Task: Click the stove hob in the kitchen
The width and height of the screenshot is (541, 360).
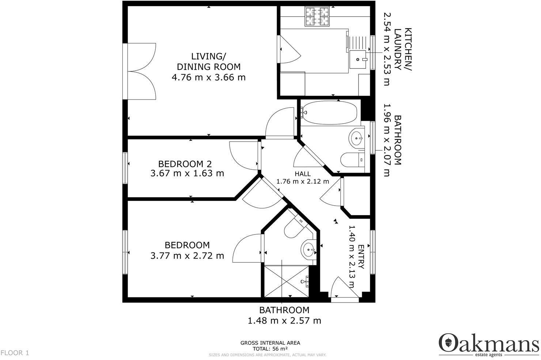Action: coord(317,17)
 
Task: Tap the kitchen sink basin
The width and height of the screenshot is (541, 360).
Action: coord(357,59)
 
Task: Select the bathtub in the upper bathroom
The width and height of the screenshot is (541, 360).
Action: coord(329,113)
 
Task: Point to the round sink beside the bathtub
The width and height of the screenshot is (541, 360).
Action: coord(356,138)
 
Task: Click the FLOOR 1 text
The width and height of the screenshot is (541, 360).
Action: coord(15,353)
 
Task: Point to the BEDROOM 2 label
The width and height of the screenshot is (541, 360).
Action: coord(185,164)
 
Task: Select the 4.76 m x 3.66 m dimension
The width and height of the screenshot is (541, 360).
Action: coord(208,77)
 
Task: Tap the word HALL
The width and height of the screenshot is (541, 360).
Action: coord(303,174)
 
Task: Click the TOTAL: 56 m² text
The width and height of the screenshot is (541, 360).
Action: coord(270,349)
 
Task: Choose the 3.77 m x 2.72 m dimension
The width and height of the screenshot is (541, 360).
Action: coord(187,255)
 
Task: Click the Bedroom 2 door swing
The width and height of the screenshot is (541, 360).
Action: coord(243,156)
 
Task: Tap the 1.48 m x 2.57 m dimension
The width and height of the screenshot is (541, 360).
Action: coord(284,321)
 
